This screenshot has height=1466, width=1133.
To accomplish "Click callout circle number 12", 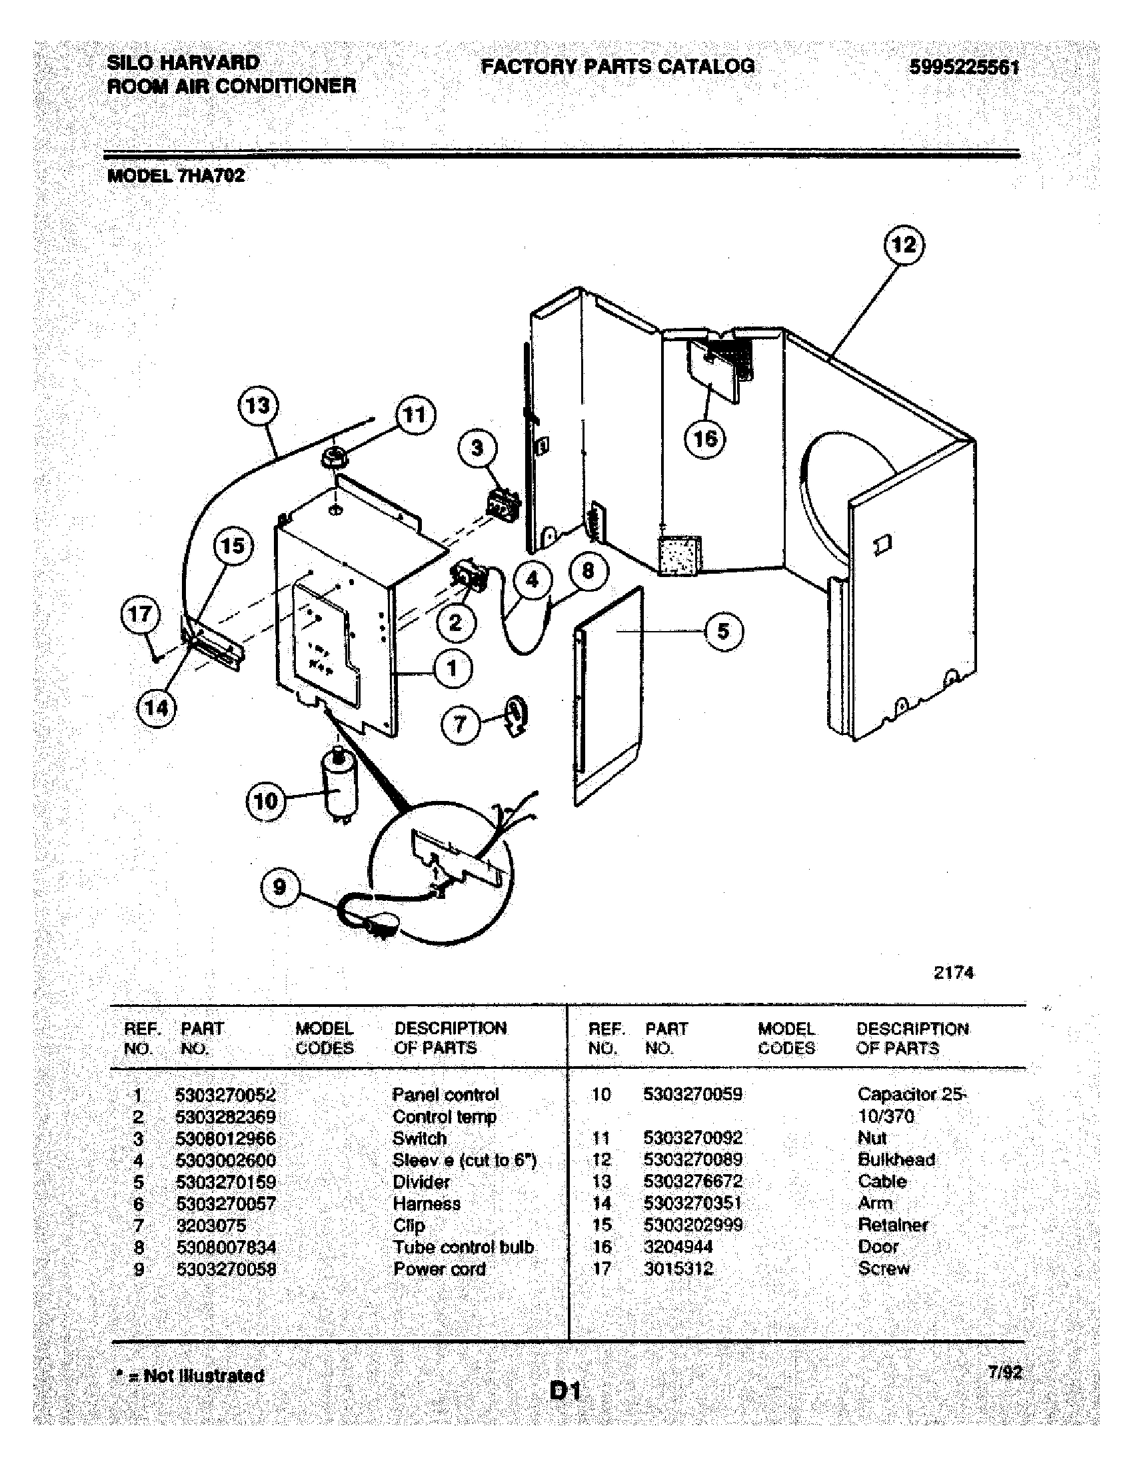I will (x=904, y=246).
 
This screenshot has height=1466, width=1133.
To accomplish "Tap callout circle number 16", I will (x=705, y=439).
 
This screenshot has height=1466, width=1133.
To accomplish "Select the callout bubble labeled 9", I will (x=280, y=888).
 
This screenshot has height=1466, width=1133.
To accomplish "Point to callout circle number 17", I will (x=140, y=614).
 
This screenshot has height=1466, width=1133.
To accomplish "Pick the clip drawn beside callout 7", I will (x=516, y=717).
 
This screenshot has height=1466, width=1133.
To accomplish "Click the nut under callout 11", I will (x=334, y=460).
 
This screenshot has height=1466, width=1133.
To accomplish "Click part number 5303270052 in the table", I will (x=225, y=1095).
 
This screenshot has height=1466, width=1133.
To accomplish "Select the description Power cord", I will (x=439, y=1269).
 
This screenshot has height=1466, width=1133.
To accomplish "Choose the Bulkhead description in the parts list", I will (x=896, y=1159).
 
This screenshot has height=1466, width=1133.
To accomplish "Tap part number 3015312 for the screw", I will (x=678, y=1269).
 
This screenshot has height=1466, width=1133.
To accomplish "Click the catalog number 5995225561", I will (x=964, y=68).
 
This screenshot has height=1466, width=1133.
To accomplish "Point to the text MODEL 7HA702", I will (x=177, y=176).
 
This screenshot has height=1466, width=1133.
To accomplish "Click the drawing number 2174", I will (x=953, y=973).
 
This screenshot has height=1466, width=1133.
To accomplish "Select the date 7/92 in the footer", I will (x=1004, y=1372).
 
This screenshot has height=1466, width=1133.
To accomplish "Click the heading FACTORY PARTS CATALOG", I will (x=618, y=67).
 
